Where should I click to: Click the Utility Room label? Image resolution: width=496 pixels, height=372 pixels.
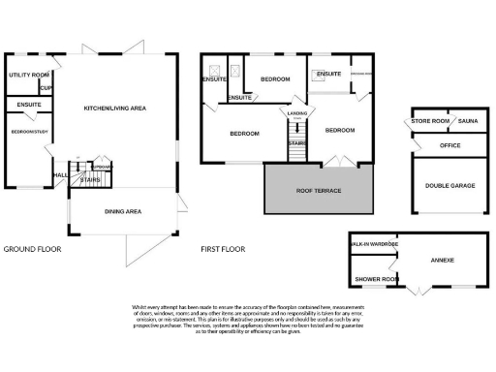pyautogui.click(x=28, y=75)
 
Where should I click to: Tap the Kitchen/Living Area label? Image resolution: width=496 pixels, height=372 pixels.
pyautogui.click(x=114, y=108)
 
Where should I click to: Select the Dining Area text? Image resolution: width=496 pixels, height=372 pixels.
pyautogui.click(x=124, y=211)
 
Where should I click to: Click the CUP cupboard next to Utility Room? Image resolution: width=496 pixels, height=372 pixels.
pyautogui.click(x=46, y=88)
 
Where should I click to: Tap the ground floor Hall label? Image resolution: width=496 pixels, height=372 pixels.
pyautogui.click(x=60, y=175)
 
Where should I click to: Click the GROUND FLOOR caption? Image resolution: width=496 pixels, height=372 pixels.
pyautogui.click(x=32, y=249)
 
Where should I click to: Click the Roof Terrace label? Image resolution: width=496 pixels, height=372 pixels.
pyautogui.click(x=318, y=191)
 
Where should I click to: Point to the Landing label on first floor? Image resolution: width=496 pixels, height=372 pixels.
pyautogui.click(x=296, y=113)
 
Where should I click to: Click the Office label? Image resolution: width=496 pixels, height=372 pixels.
pyautogui.click(x=449, y=144)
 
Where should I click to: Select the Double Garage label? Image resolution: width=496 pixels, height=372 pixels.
pyautogui.click(x=449, y=183)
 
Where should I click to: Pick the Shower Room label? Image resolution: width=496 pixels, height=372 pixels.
pyautogui.click(x=376, y=279)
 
